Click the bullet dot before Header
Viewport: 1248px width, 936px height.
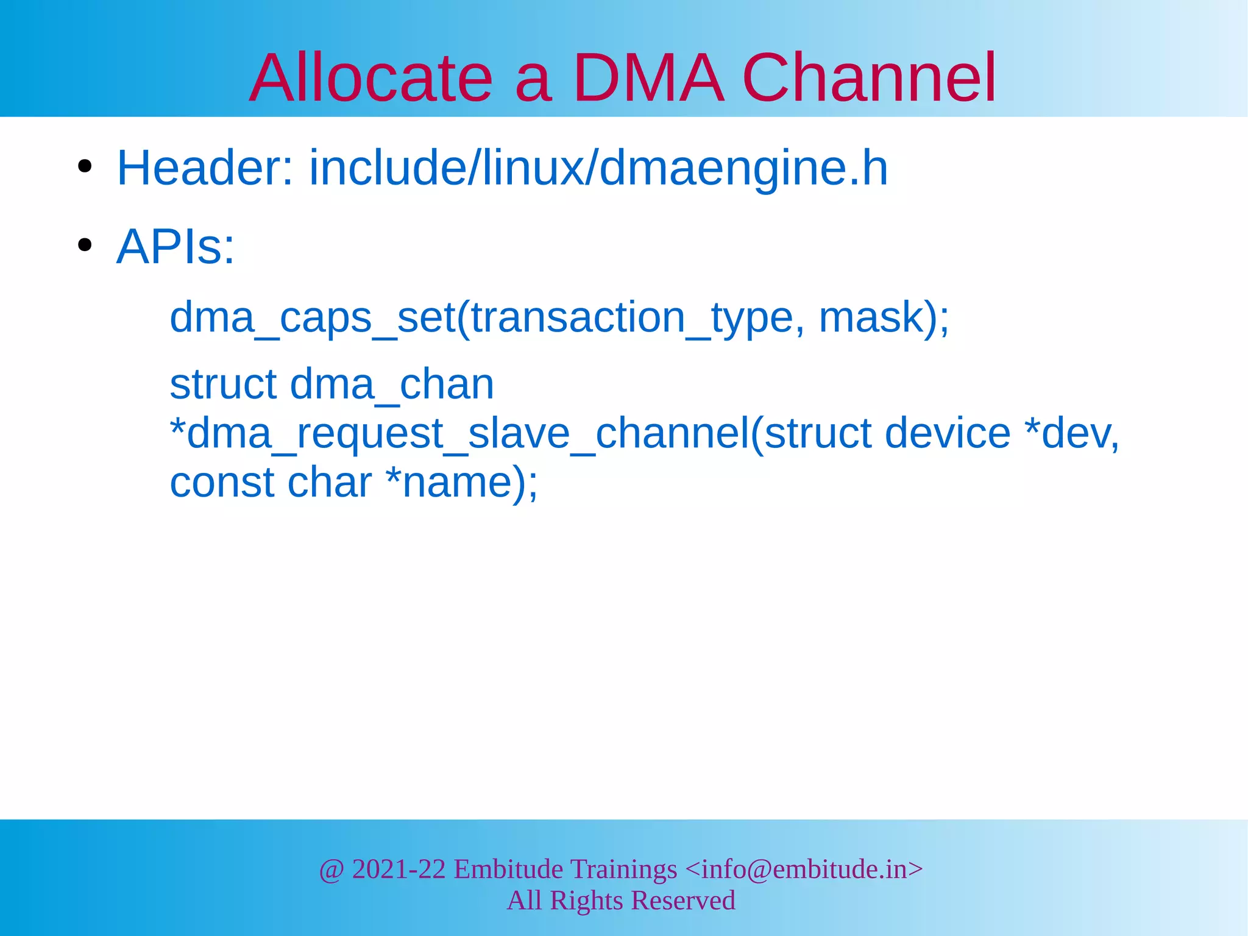(x=85, y=166)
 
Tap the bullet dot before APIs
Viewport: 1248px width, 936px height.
(x=85, y=246)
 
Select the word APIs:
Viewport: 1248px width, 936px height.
(x=175, y=247)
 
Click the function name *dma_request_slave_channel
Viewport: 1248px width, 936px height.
(x=459, y=434)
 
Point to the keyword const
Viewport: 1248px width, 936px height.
(x=222, y=483)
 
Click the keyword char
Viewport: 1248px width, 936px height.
(x=329, y=483)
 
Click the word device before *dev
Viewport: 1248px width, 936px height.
(x=948, y=434)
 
